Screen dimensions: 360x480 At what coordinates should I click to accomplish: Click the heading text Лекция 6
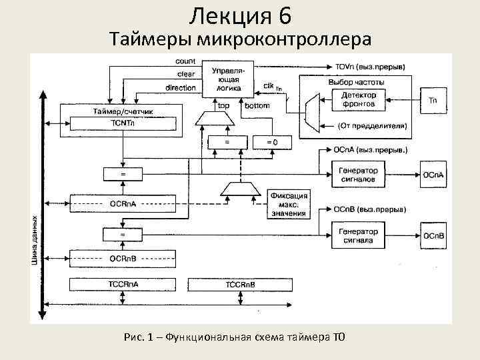click(x=240, y=15)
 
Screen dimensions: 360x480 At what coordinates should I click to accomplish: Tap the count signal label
click(x=185, y=61)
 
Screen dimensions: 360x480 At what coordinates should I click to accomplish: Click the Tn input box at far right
click(x=433, y=101)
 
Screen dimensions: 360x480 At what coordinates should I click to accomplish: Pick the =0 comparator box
click(x=271, y=142)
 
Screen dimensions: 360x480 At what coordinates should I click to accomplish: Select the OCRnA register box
click(x=124, y=201)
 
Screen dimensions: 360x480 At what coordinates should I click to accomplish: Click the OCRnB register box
click(x=124, y=257)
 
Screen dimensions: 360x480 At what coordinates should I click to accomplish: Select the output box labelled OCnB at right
click(x=433, y=236)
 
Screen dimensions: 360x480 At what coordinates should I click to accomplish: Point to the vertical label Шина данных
click(x=35, y=240)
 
